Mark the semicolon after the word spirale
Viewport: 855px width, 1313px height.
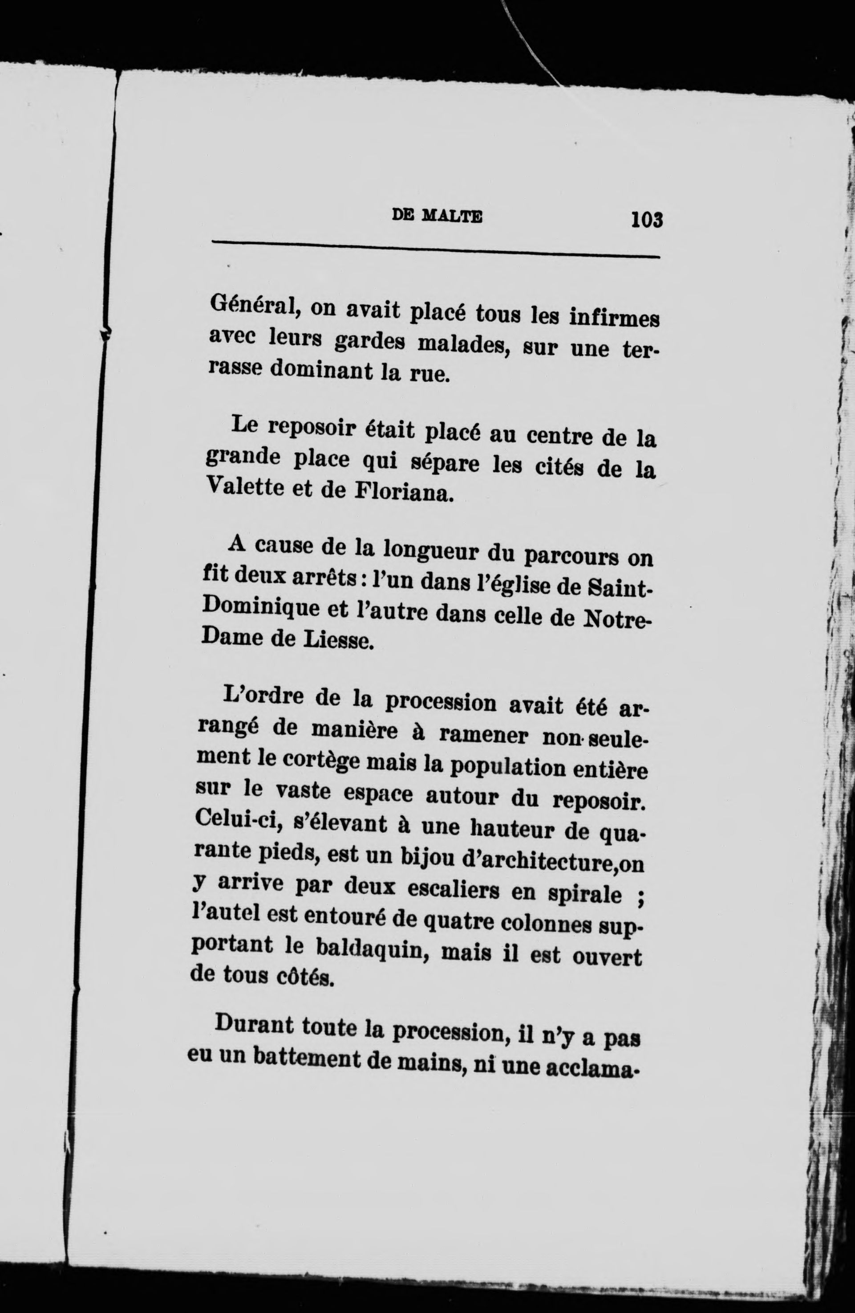[x=640, y=896]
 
